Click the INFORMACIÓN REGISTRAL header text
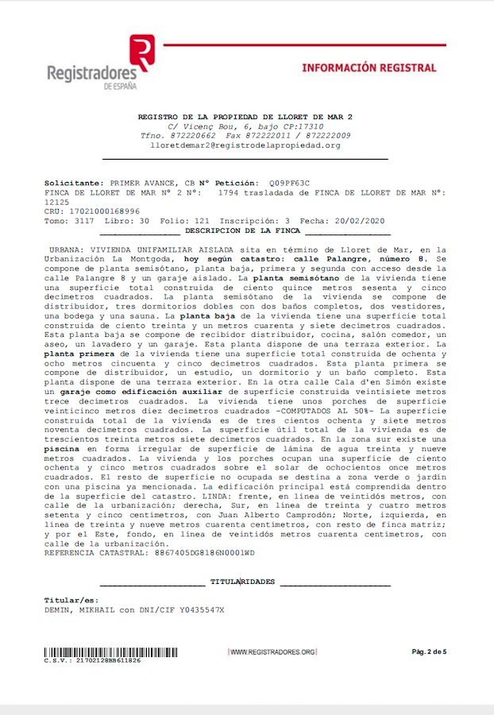tap(369, 68)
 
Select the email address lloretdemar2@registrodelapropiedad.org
tap(244, 145)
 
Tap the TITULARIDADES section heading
tap(242, 582)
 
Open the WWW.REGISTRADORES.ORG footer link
tap(272, 652)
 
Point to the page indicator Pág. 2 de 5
tap(429, 652)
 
